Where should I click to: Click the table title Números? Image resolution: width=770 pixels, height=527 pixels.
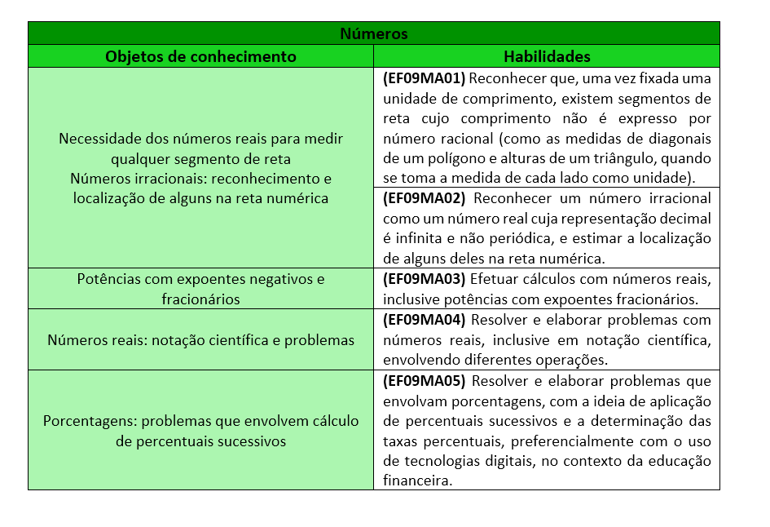tap(374, 33)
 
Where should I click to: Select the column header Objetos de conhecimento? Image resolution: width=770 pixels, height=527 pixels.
tap(200, 56)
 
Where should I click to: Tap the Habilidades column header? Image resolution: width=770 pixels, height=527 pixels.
tap(547, 56)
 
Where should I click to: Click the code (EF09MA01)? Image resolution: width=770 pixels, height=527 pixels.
tap(423, 79)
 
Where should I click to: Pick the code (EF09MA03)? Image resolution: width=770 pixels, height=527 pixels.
tap(424, 278)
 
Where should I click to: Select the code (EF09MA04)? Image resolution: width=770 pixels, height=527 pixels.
tap(424, 319)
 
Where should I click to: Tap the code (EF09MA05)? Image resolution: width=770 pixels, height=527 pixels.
tap(424, 381)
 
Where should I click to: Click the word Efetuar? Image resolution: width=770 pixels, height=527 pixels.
tap(492, 278)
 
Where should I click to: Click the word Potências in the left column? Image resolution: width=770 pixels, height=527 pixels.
tap(108, 279)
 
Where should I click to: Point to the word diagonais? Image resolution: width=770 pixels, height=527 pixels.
tap(680, 139)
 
